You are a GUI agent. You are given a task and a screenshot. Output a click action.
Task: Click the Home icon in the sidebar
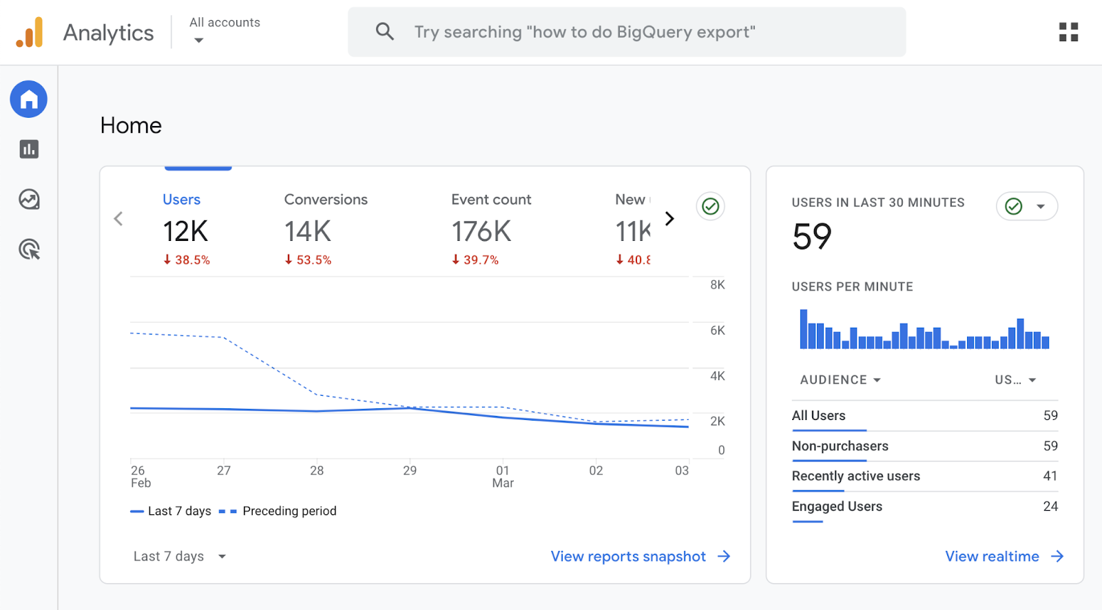pyautogui.click(x=28, y=99)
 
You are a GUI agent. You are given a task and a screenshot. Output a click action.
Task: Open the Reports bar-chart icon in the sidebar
pyautogui.click(x=29, y=149)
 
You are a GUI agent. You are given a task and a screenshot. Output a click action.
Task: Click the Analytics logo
pyautogui.click(x=30, y=32)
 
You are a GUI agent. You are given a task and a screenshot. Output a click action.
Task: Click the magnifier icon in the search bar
pyautogui.click(x=384, y=32)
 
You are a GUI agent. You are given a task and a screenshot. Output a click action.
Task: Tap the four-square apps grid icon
pyautogui.click(x=1068, y=32)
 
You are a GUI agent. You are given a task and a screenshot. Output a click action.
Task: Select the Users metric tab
pyautogui.click(x=181, y=200)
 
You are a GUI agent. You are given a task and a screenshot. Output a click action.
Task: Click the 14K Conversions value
pyautogui.click(x=308, y=231)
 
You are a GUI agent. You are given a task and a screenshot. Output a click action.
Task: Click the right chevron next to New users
pyautogui.click(x=669, y=219)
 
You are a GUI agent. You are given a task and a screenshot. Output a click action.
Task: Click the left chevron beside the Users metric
pyautogui.click(x=118, y=219)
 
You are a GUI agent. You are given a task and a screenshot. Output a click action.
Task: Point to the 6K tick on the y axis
pyautogui.click(x=717, y=330)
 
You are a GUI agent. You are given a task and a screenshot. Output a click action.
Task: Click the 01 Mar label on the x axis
pyautogui.click(x=503, y=476)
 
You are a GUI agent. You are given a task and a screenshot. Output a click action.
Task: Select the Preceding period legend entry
pyautogui.click(x=289, y=511)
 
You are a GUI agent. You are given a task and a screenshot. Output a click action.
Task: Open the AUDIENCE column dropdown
pyautogui.click(x=840, y=380)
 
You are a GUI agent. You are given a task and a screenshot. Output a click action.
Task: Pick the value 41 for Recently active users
pyautogui.click(x=1050, y=476)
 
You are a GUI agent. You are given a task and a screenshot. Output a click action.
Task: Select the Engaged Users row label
pyautogui.click(x=837, y=506)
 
